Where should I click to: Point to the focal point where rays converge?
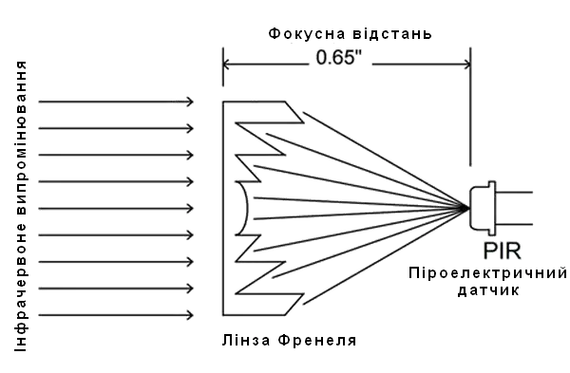click(465, 208)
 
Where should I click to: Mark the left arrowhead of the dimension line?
click(226, 65)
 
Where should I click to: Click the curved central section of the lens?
click(245, 208)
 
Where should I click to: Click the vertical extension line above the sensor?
click(466, 123)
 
